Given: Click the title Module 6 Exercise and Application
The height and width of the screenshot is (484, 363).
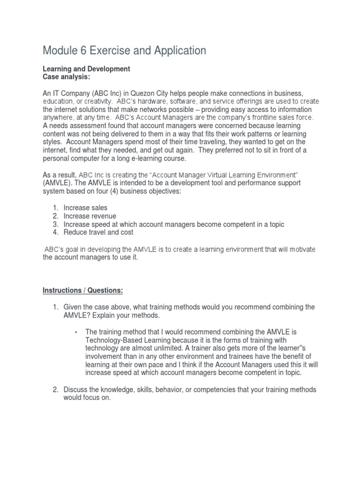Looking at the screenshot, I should (124, 51).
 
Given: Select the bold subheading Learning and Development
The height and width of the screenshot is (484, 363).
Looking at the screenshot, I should (86, 69).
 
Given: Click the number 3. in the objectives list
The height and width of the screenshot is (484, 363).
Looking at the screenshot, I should (55, 224).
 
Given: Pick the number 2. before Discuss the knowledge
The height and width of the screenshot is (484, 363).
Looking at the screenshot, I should (55, 389).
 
